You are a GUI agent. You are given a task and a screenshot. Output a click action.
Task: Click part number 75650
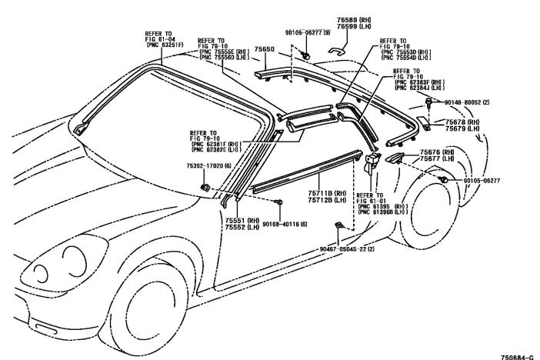tap(265, 48)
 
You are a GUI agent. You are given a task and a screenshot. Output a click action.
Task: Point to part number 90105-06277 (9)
tap(307, 32)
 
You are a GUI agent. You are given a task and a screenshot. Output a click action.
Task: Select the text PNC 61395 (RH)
tap(382, 206)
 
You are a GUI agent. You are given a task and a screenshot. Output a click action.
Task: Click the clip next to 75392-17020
tap(205, 187)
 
